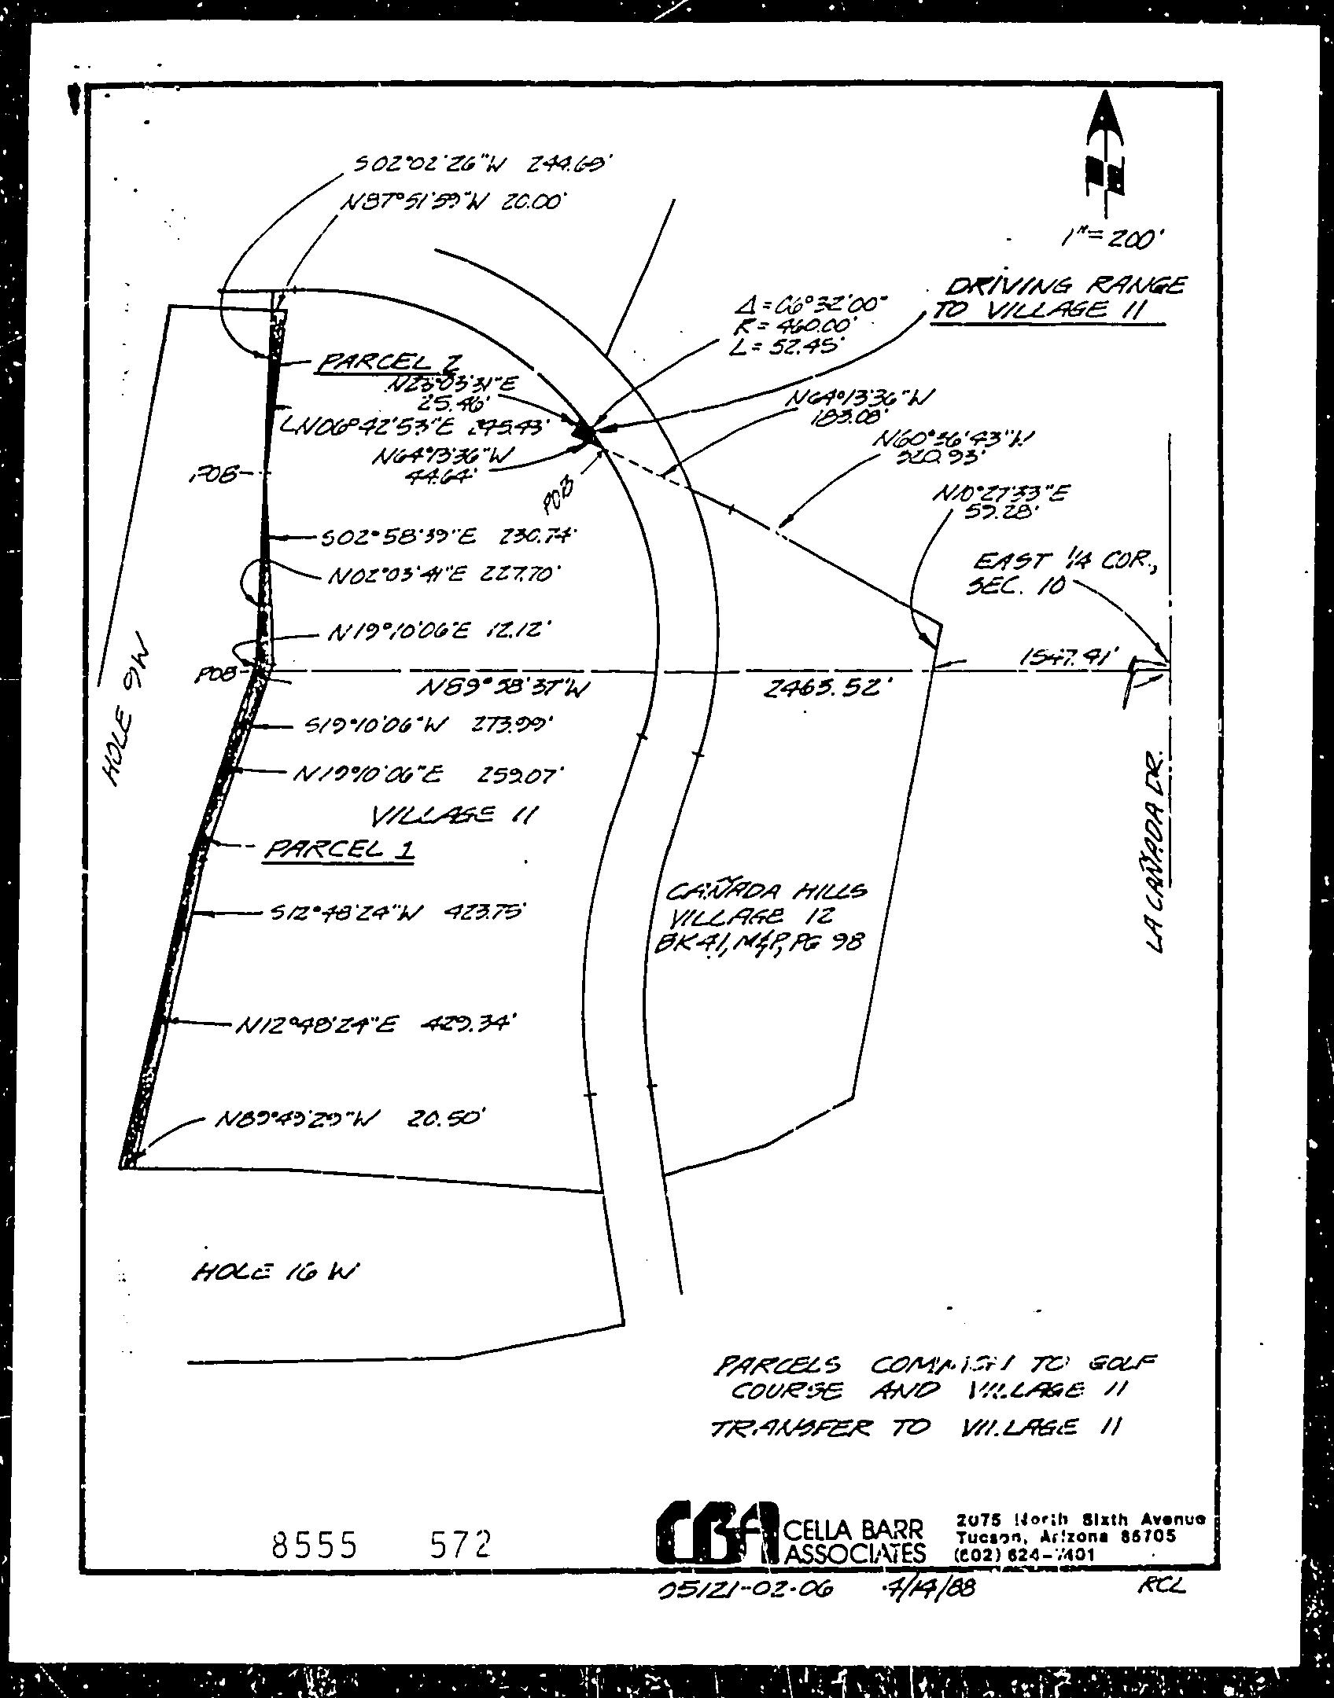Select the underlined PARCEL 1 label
(340, 849)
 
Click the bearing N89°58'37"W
(504, 688)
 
